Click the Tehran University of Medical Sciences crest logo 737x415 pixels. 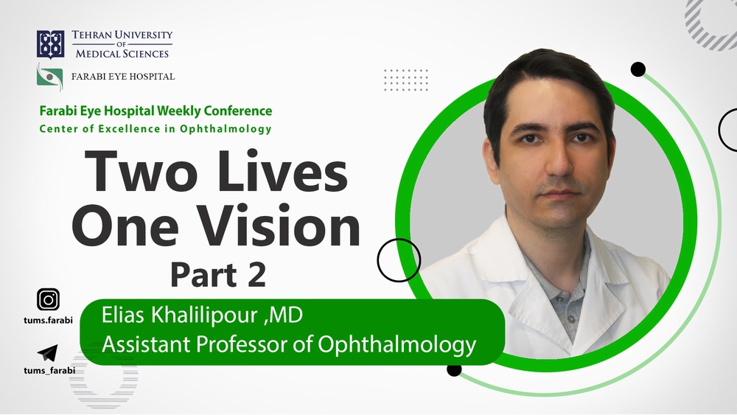[x=50, y=44]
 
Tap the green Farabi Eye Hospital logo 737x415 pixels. [x=50, y=77]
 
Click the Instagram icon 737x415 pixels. [x=48, y=299]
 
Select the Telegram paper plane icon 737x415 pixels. [x=47, y=353]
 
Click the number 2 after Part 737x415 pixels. [x=256, y=275]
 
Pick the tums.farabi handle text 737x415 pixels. [x=49, y=321]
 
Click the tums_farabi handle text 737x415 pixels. [x=49, y=370]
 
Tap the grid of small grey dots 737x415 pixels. [x=405, y=80]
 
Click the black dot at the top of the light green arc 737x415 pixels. [x=638, y=69]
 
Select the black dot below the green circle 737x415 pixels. [x=454, y=369]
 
